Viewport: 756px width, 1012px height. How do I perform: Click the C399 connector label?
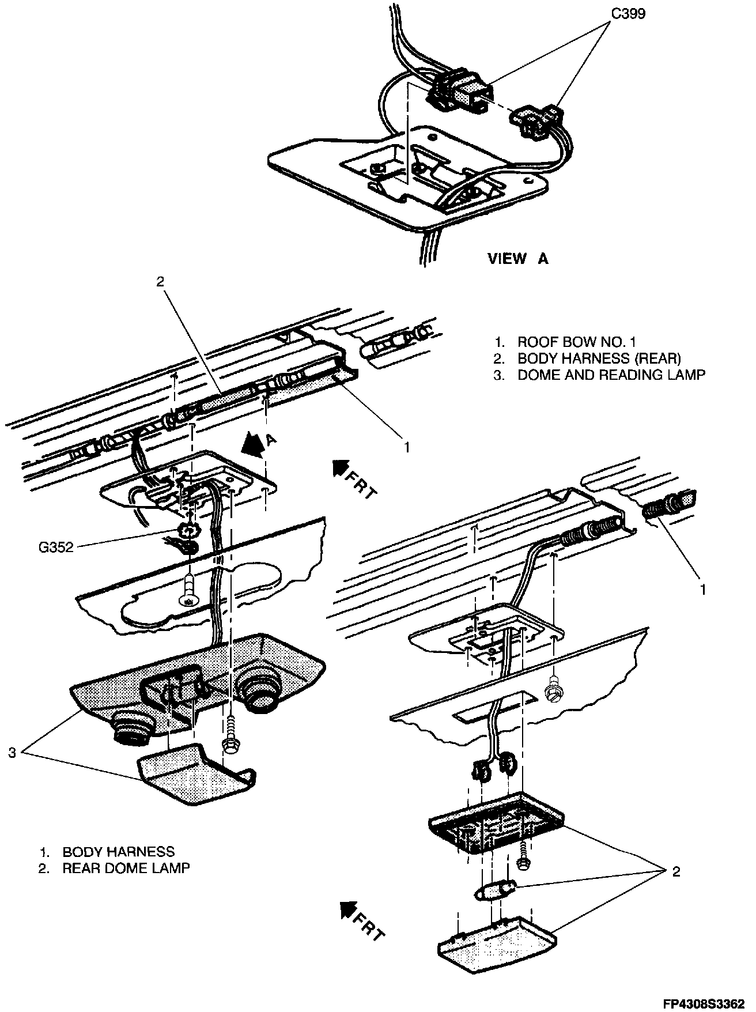[x=628, y=13]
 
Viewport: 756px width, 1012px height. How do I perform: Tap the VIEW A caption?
[x=517, y=259]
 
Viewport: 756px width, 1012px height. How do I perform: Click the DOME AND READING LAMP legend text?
[x=611, y=375]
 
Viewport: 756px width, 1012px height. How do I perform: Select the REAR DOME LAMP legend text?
[x=126, y=868]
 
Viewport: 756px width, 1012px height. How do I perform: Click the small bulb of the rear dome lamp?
[x=488, y=893]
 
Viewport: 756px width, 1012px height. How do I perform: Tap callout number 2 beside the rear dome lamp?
[x=676, y=871]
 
